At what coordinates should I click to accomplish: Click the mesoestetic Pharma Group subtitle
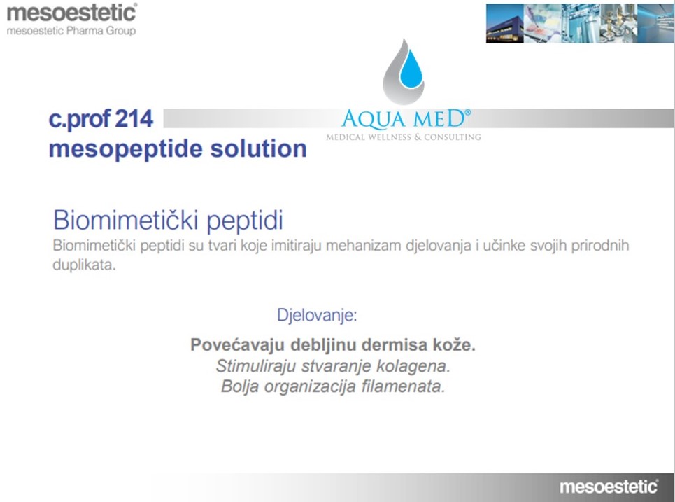71,31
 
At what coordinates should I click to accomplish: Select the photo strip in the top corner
579,23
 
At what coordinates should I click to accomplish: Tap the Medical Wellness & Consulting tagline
403,137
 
